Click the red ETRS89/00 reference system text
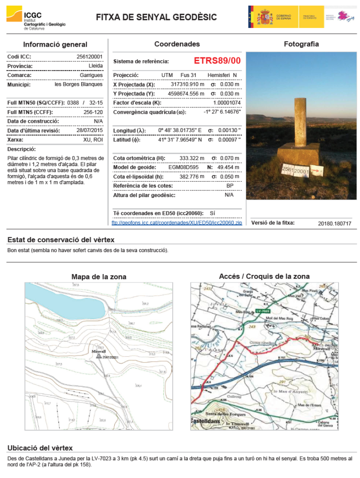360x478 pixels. pos(217,61)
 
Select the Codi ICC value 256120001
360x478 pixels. pos(90,57)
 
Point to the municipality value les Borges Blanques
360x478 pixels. pos(78,84)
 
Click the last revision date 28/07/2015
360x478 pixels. pos(90,130)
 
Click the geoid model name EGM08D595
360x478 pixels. pos(183,167)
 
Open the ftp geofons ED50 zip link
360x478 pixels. pos(177,223)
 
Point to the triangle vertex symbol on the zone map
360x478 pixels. pos(98,356)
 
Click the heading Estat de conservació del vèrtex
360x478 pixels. pos(61,240)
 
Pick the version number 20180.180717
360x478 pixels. pos(334,224)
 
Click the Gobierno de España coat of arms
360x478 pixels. pos(265,17)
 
